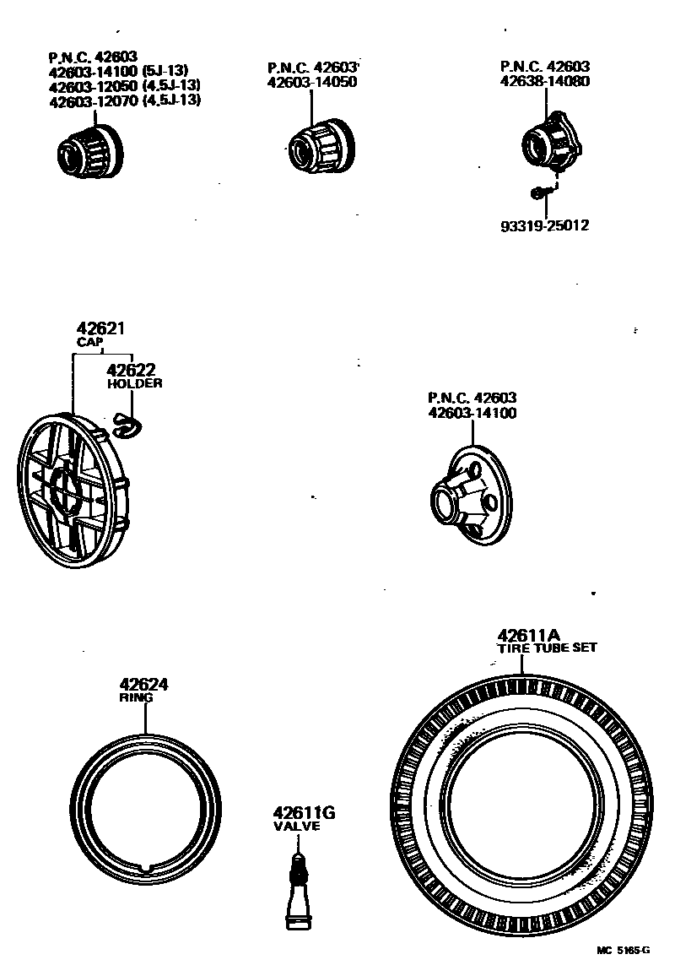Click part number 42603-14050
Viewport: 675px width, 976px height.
coord(311,83)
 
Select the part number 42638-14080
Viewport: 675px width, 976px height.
coord(545,82)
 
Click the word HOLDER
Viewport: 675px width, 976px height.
coord(134,383)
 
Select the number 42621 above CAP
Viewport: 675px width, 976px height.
coord(94,328)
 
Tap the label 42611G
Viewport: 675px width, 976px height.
coord(304,813)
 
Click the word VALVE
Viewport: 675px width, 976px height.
coord(297,827)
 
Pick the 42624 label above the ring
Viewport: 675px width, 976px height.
coord(143,685)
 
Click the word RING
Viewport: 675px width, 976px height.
coord(136,699)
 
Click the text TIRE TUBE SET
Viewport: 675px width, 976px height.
coord(546,648)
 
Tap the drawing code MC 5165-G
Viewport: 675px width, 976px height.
coord(624,950)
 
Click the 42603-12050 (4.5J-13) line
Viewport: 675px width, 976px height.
coord(124,87)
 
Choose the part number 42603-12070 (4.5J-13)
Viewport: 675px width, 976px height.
coord(124,100)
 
